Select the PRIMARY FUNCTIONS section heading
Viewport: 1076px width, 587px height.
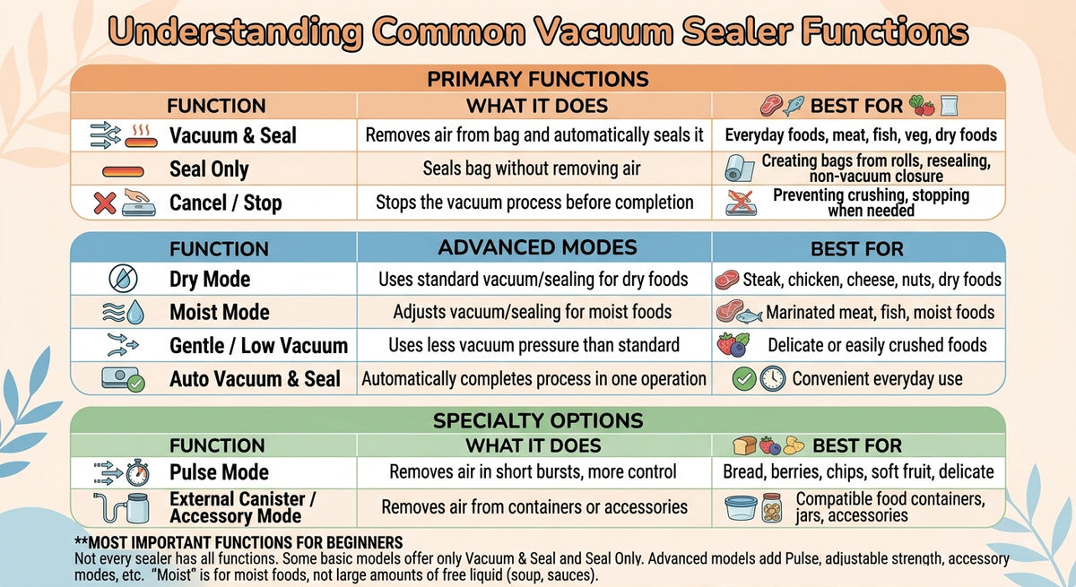coord(538,79)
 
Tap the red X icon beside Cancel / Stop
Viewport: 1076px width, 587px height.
coord(105,203)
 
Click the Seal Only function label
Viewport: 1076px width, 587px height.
coord(209,169)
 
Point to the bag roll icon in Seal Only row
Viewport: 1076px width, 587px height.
coord(739,168)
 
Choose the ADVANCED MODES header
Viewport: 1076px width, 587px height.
coord(537,247)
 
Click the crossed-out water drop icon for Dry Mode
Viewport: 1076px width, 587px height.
coord(123,279)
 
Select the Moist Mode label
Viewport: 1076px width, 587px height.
coord(220,313)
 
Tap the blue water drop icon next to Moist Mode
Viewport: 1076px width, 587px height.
coord(135,313)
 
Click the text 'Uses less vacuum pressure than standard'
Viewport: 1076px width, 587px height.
coord(534,345)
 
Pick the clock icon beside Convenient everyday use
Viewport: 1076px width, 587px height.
coord(773,379)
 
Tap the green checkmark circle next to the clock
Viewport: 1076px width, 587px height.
coord(744,379)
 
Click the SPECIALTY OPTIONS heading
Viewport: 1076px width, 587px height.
coord(537,421)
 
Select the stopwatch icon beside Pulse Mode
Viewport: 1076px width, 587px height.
coord(138,473)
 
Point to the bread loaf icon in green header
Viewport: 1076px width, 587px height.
coord(744,446)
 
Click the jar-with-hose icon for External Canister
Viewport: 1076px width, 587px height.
coord(122,508)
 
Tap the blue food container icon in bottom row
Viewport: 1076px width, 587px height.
coord(741,509)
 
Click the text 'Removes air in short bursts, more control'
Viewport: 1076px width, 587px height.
coord(533,471)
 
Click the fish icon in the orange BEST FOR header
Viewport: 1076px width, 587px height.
coord(794,106)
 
